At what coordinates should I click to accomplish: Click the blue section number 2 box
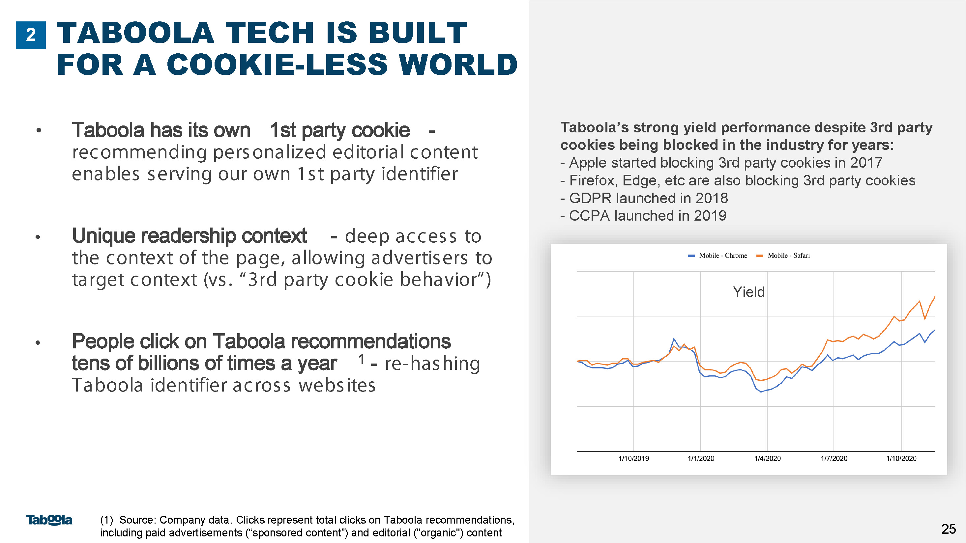(x=31, y=35)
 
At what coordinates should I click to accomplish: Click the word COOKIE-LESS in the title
(x=277, y=64)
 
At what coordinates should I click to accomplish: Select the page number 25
(x=949, y=529)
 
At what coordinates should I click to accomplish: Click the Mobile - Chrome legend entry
(x=717, y=256)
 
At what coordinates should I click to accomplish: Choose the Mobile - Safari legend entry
(x=783, y=256)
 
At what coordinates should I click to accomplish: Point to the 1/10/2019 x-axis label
(x=634, y=458)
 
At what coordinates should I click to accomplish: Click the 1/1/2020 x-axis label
(x=701, y=458)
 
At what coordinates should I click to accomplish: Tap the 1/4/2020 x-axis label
(x=768, y=458)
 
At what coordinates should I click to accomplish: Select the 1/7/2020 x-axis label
(x=834, y=458)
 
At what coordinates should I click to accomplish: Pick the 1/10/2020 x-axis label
(x=901, y=458)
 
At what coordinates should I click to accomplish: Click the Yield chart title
(x=749, y=292)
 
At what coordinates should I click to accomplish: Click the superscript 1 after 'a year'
(x=362, y=359)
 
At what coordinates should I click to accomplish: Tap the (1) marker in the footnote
(x=106, y=520)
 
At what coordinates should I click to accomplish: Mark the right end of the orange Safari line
(x=934, y=297)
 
